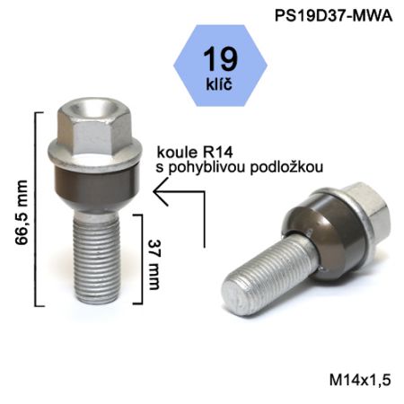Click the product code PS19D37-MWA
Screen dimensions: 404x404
click(333, 15)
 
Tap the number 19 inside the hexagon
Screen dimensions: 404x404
click(220, 59)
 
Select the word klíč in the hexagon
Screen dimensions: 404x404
click(219, 83)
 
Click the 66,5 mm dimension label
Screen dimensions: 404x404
click(22, 213)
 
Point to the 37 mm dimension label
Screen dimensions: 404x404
click(154, 265)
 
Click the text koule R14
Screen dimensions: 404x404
click(195, 153)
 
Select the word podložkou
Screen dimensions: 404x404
click(286, 167)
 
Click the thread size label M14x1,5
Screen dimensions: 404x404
click(360, 380)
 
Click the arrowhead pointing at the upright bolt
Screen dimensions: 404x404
click(161, 191)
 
